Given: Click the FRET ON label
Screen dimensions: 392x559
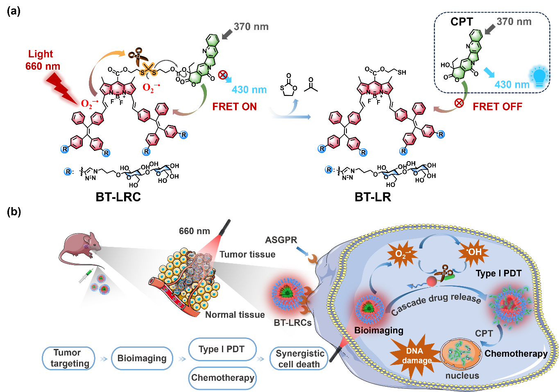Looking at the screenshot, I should pyautogui.click(x=234, y=107).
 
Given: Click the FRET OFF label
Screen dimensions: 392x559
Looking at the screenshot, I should pyautogui.click(x=497, y=107).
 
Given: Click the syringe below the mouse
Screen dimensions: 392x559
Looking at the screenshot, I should pyautogui.click(x=85, y=276).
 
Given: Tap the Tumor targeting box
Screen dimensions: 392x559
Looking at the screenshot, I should pyautogui.click(x=69, y=358).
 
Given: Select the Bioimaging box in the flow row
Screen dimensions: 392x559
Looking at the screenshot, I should pyautogui.click(x=142, y=358).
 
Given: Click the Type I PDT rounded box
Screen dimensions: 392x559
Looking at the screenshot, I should pyautogui.click(x=222, y=349).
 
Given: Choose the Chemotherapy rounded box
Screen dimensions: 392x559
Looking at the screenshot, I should pyautogui.click(x=222, y=378).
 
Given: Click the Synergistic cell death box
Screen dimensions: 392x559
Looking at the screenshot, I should pyautogui.click(x=299, y=359).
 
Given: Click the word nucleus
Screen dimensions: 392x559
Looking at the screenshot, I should pyautogui.click(x=462, y=376).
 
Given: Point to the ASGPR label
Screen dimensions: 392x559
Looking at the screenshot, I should pyautogui.click(x=281, y=240).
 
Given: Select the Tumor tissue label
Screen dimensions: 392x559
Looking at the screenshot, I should pyautogui.click(x=247, y=255).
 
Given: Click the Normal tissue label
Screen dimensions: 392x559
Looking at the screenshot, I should pyautogui.click(x=235, y=315).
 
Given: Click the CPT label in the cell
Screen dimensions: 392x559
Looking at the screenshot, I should pyautogui.click(x=484, y=333).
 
